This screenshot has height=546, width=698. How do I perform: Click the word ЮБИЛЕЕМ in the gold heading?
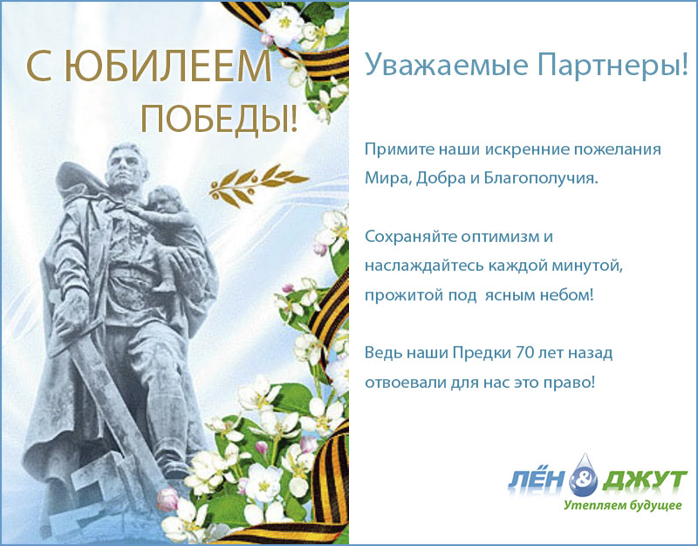pyautogui.click(x=168, y=67)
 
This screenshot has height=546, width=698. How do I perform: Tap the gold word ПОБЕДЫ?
pyautogui.click(x=219, y=119)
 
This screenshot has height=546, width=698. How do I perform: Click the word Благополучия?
pyautogui.click(x=541, y=178)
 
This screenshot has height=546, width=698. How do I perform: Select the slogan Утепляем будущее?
pyautogui.click(x=623, y=506)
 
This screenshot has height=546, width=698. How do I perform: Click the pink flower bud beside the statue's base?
pyautogui.click(x=168, y=499)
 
